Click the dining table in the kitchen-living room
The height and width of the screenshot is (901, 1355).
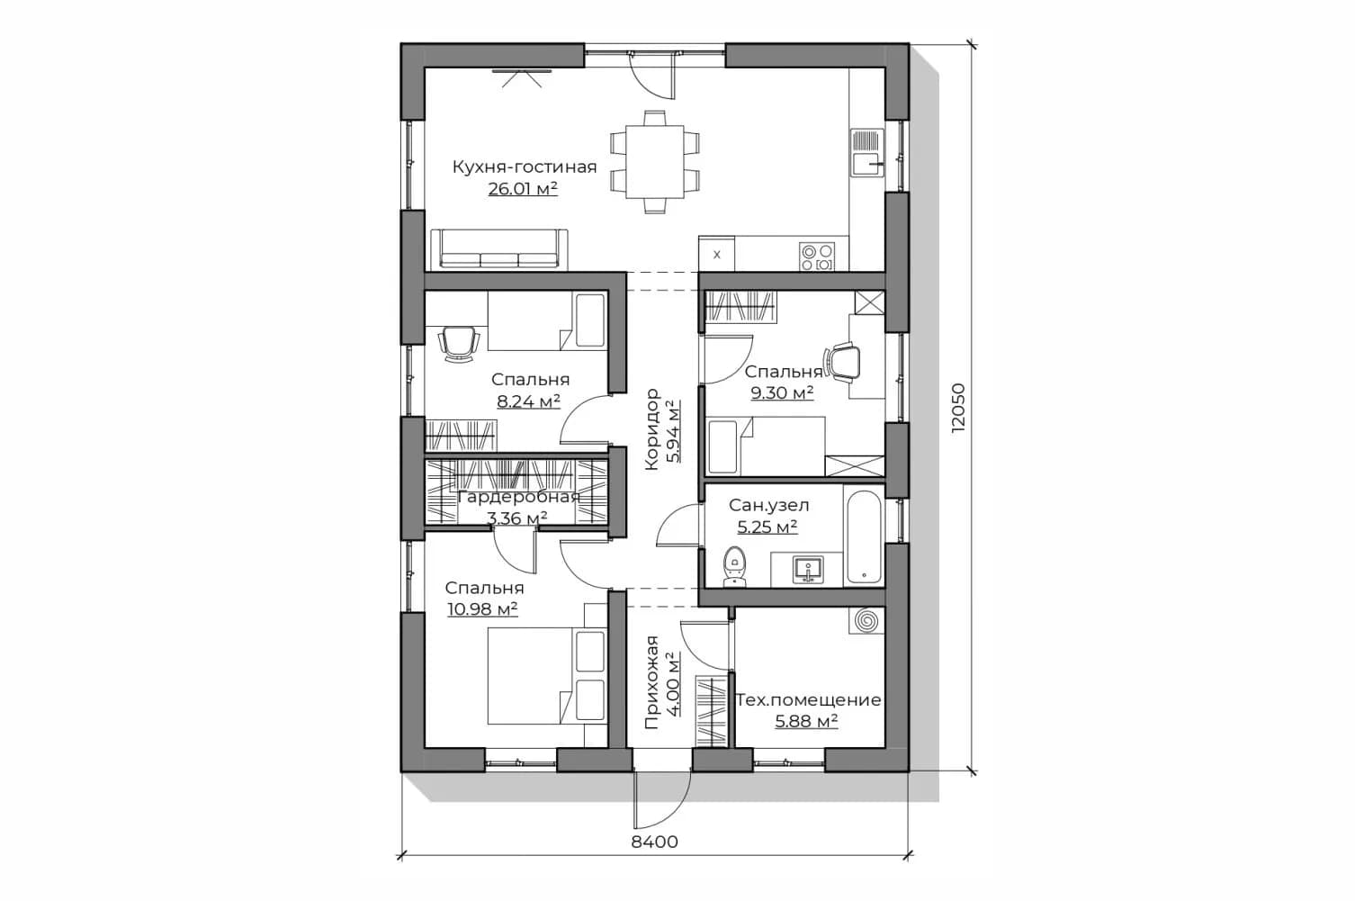coord(654,161)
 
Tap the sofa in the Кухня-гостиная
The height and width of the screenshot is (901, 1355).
coord(499,248)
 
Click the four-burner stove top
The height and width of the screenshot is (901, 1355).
coord(817,257)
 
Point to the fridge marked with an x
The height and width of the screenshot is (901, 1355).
coord(717,254)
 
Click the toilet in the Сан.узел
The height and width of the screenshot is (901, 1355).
coord(735,567)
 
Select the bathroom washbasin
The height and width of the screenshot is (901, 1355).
coord(807,570)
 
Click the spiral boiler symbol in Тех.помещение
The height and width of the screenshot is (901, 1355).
coord(866,621)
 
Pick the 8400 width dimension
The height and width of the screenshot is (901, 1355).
coord(654,842)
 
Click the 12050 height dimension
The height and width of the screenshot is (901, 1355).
coord(959,407)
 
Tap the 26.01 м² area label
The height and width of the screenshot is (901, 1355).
coord(523,189)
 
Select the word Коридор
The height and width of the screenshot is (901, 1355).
coord(651,429)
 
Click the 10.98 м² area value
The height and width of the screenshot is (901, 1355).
coord(482,608)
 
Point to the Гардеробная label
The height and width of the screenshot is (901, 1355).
coord(519,498)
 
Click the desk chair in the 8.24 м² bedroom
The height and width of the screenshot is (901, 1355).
coord(459,344)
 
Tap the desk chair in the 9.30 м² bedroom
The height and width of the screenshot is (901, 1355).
coord(842,362)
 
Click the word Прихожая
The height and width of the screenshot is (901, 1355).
coord(651,682)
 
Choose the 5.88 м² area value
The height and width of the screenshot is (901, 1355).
coord(806,721)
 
